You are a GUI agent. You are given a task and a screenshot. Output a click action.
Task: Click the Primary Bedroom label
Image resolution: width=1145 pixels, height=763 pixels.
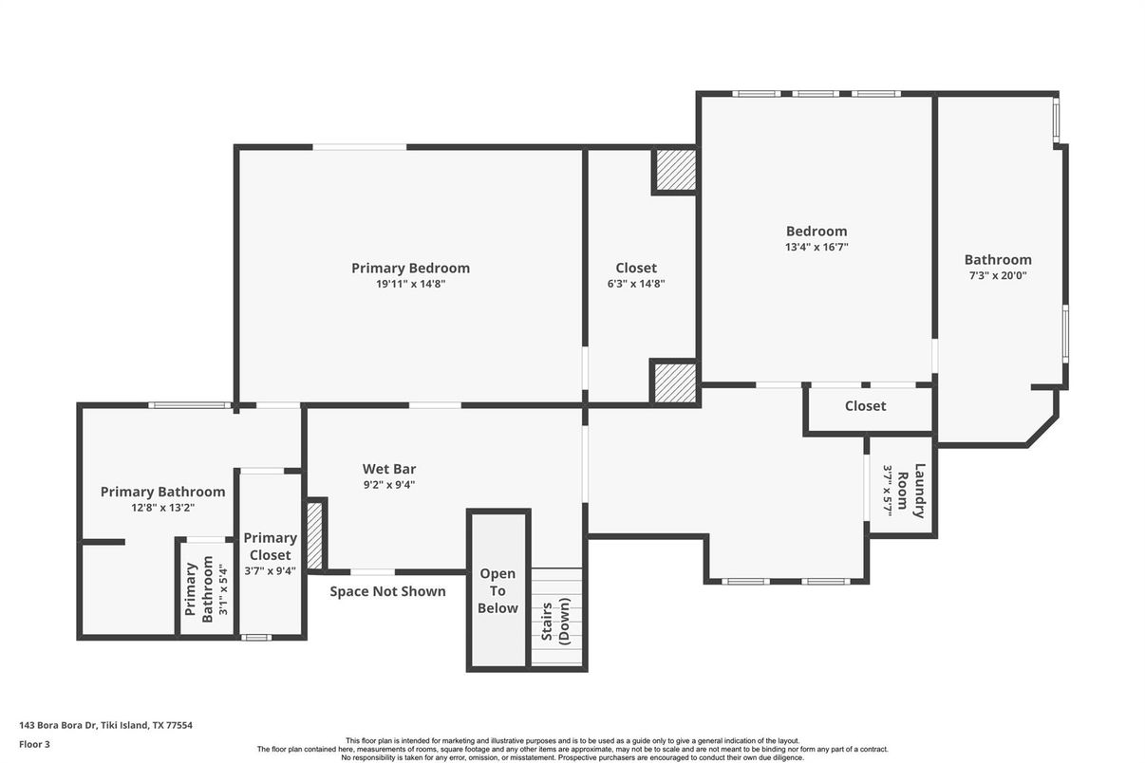(x=410, y=268)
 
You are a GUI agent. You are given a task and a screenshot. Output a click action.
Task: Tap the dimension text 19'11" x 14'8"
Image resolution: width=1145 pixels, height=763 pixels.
(x=410, y=284)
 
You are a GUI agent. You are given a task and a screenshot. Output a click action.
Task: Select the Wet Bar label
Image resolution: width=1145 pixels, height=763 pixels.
(x=389, y=469)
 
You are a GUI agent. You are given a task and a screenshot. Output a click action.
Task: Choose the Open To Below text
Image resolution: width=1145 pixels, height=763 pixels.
(x=497, y=590)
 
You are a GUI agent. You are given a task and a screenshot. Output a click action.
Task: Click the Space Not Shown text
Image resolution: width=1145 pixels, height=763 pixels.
(x=387, y=591)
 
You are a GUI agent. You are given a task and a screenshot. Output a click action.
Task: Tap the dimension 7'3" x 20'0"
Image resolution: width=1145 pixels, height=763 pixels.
(x=998, y=276)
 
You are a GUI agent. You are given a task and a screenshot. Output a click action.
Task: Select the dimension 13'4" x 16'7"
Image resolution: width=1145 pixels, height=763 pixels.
(x=816, y=247)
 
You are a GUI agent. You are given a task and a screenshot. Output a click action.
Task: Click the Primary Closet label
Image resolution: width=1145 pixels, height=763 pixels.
(x=270, y=546)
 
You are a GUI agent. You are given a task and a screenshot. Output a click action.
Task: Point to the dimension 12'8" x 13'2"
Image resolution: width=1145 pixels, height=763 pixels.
(x=162, y=508)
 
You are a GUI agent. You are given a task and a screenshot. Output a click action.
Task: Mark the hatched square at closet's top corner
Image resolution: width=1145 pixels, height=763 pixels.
(x=675, y=171)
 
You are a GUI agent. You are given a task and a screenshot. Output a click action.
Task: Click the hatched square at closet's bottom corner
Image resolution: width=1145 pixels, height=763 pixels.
(x=675, y=381)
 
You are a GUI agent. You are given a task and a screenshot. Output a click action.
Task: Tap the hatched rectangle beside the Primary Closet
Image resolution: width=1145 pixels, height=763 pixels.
(x=314, y=536)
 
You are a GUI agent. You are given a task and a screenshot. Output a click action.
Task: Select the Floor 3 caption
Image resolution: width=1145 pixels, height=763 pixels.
(x=34, y=744)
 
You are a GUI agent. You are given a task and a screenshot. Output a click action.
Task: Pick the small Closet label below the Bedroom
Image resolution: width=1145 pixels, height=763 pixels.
(x=865, y=406)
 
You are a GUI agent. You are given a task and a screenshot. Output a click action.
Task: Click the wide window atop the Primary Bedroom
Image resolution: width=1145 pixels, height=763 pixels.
(x=360, y=147)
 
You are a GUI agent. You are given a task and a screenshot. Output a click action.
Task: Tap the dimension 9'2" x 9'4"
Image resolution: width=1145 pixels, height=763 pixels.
(x=389, y=485)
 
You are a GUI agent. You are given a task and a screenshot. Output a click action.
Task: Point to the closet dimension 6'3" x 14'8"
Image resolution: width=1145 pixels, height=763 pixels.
(x=635, y=284)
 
